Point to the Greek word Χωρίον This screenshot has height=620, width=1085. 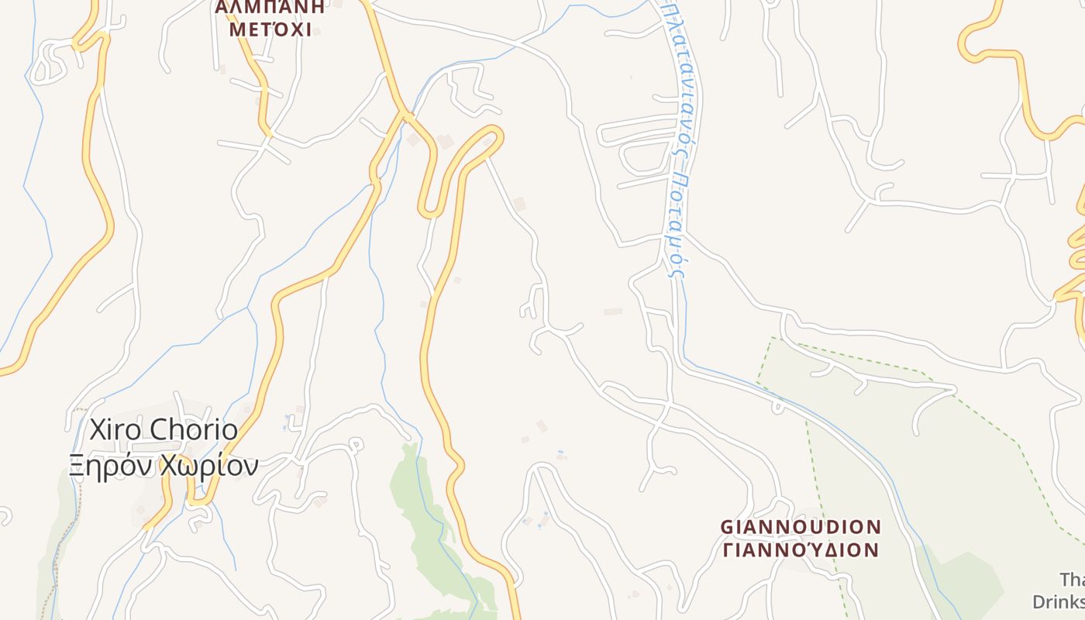(x=208, y=465)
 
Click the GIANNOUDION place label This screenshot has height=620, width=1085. (x=801, y=527)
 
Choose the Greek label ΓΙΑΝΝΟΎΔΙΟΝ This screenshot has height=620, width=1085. (x=801, y=550)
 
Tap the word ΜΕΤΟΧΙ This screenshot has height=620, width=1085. (x=274, y=30)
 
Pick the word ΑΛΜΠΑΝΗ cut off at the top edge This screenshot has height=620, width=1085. (x=270, y=7)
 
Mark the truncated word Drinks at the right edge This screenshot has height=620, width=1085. (x=1059, y=601)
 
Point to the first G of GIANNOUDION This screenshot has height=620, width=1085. (x=727, y=527)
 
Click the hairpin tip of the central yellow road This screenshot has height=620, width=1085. (x=494, y=136)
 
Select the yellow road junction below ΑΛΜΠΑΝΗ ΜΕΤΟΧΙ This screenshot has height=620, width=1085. (x=404, y=115)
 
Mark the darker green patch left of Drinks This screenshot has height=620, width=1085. (x=969, y=581)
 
